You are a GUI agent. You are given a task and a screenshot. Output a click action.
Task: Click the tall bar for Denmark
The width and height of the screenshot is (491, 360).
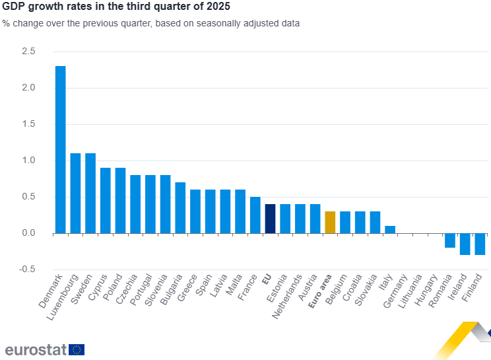click(x=60, y=149)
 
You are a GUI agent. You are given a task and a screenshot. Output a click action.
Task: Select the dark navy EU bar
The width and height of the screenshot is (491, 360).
click(x=270, y=219)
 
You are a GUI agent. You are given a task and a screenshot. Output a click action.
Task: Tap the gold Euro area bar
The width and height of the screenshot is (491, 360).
click(x=330, y=222)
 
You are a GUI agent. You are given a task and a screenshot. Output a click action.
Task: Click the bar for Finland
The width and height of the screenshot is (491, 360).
click(x=480, y=244)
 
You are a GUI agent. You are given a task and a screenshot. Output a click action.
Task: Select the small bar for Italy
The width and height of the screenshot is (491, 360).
click(x=390, y=229)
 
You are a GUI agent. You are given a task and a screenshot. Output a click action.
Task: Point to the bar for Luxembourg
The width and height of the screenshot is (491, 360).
click(x=75, y=193)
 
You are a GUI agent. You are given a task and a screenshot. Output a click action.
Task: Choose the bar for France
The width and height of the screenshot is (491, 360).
click(x=255, y=215)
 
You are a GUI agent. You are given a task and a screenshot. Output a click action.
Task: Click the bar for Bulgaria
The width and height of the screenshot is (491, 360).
click(x=180, y=207)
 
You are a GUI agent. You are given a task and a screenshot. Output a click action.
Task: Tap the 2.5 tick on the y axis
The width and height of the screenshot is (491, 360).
click(x=28, y=52)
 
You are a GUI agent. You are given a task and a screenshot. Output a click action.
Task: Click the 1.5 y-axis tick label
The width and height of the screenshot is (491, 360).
click(x=28, y=124)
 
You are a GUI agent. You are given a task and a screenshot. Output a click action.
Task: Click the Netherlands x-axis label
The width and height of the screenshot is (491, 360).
click(x=288, y=297)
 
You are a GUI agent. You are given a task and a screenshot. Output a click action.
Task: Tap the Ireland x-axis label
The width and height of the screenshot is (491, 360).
click(x=459, y=289)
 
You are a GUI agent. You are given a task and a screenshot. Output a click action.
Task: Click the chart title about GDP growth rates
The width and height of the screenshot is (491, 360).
click(x=117, y=8)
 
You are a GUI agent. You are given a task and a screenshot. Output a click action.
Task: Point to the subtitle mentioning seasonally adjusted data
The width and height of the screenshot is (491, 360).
click(x=151, y=23)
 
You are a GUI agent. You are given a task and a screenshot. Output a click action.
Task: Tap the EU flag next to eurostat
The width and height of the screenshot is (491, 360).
click(x=77, y=349)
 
